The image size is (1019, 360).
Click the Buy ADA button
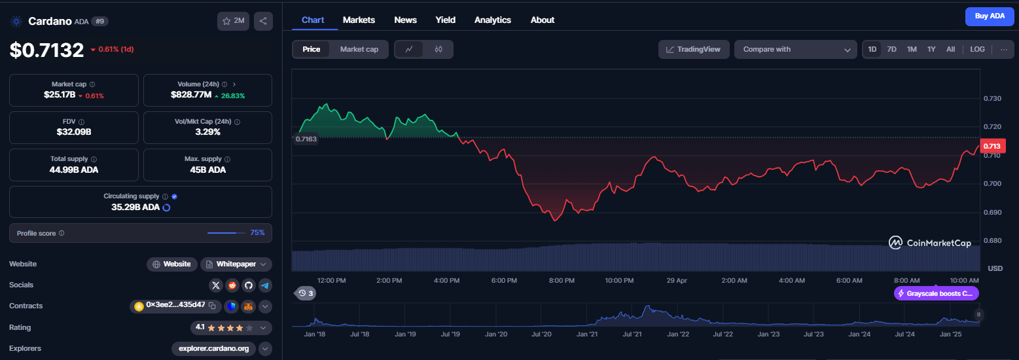click(x=990, y=16)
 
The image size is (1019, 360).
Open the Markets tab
click(x=359, y=20)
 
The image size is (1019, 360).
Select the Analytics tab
click(x=492, y=20)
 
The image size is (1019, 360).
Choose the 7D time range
click(x=891, y=49)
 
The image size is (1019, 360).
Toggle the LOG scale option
click(x=977, y=49)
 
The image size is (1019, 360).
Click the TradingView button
click(x=693, y=49)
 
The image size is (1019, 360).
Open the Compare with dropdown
click(x=795, y=49)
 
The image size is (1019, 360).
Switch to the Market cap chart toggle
click(x=359, y=49)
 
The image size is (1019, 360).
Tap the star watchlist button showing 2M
click(x=233, y=21)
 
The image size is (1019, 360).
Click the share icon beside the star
click(x=263, y=21)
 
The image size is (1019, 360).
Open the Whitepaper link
click(x=236, y=264)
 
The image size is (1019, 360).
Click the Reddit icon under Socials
click(x=232, y=285)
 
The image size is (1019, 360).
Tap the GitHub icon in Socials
click(x=249, y=285)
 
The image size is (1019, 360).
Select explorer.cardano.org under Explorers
click(x=213, y=349)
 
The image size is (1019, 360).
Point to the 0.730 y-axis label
click(x=992, y=98)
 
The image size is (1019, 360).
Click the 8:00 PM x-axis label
click(x=562, y=280)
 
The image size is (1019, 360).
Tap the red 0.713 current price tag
click(x=992, y=146)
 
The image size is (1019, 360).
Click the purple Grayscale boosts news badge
click(x=936, y=293)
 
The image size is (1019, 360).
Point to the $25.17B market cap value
click(x=60, y=95)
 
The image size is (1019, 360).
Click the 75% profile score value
click(x=257, y=232)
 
